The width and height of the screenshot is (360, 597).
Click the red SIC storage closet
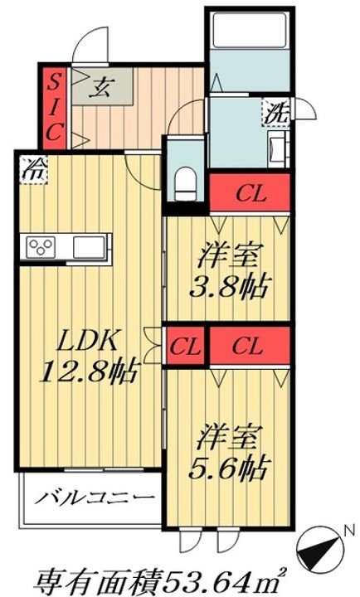(54, 108)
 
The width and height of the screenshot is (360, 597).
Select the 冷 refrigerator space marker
(34, 170)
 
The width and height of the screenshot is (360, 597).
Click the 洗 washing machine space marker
(276, 112)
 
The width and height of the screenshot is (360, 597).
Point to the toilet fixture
(185, 183)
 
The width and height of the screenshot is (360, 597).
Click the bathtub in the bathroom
(249, 30)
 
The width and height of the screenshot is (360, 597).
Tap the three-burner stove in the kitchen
(40, 246)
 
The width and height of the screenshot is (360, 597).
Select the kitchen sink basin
(89, 247)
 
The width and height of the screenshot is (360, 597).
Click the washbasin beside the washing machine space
(276, 149)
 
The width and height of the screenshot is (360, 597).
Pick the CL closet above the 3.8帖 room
(250, 193)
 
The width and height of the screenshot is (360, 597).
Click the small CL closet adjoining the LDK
(185, 347)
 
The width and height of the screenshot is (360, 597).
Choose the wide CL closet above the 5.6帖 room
(250, 346)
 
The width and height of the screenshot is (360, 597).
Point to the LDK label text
(86, 342)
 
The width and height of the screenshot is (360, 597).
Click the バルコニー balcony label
(95, 498)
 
